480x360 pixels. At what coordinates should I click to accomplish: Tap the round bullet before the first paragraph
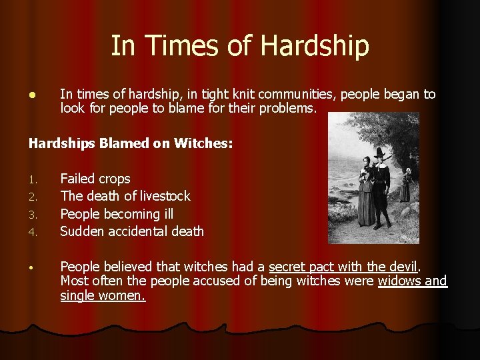pyautogui.click(x=31, y=95)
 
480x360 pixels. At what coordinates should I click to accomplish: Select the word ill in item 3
pyautogui.click(x=169, y=214)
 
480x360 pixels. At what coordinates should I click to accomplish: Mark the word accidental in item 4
pyautogui.click(x=138, y=231)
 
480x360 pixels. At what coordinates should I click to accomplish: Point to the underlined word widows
pyautogui.click(x=399, y=281)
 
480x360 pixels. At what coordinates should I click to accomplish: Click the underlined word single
pyautogui.click(x=77, y=295)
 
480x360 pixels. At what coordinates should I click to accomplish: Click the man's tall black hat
pyautogui.click(x=381, y=152)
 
